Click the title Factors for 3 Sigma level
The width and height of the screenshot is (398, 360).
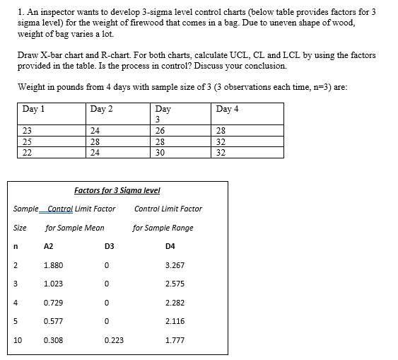(x=117, y=190)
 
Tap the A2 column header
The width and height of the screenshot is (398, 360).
(x=49, y=247)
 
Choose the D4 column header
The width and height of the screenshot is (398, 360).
(x=170, y=247)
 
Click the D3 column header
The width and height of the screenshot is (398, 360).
(x=109, y=247)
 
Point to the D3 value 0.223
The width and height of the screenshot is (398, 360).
(x=114, y=339)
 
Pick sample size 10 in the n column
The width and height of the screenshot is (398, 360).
(x=18, y=339)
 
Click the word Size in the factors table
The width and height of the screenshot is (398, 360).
(x=19, y=228)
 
